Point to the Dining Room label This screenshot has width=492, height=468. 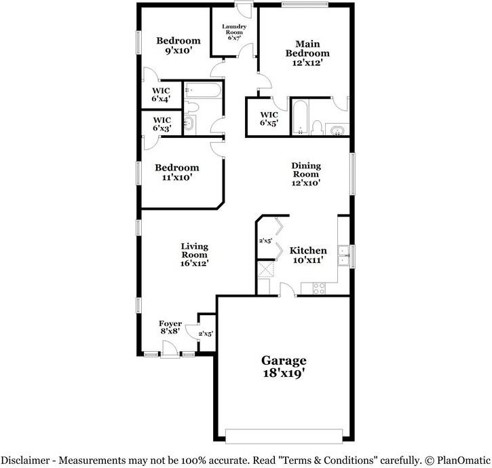pos(305,174)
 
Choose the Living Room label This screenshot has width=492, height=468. pos(194,254)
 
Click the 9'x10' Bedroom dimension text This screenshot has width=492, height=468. pos(178,50)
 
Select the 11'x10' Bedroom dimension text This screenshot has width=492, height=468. pos(176,177)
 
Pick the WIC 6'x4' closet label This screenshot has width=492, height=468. pos(161,94)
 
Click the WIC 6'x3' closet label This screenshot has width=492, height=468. pos(161,124)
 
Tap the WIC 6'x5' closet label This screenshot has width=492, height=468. pos(269,119)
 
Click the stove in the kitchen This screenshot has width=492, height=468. pos(318,288)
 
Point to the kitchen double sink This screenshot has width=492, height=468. pos(345,255)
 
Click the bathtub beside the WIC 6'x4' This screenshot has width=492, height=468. pos(202,90)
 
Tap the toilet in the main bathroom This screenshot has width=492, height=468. pos(317,126)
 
